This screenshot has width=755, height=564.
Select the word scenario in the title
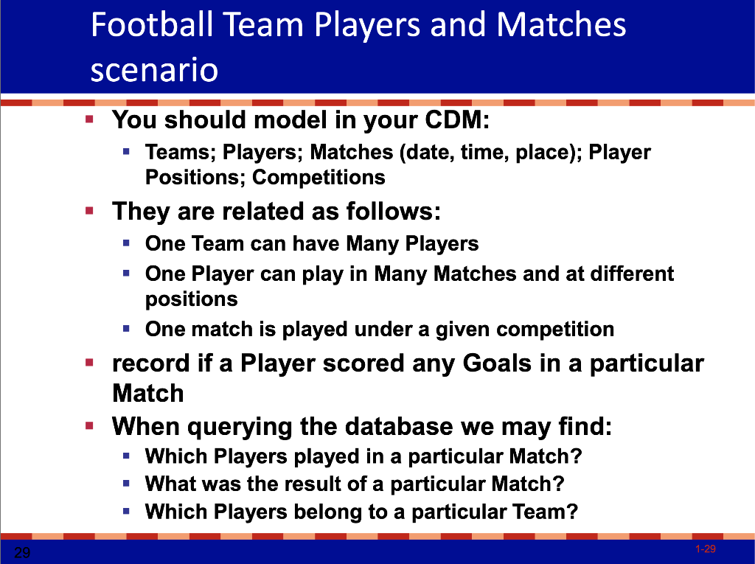pyautogui.click(x=154, y=70)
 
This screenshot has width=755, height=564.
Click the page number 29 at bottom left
pyautogui.click(x=22, y=552)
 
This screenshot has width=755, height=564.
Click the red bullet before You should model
pyautogui.click(x=89, y=118)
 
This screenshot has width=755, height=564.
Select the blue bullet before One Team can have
pyautogui.click(x=127, y=243)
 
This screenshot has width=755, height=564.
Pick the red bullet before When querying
pyautogui.click(x=89, y=425)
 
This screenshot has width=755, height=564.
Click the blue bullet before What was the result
pyautogui.click(x=127, y=484)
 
